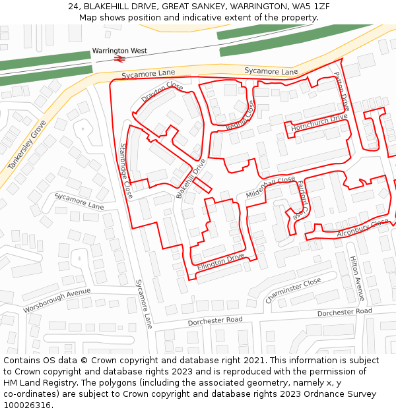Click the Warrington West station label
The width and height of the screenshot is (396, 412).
pos(119,50)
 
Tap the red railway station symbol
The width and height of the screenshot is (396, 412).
pos(119,59)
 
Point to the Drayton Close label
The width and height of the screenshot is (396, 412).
pos(162,92)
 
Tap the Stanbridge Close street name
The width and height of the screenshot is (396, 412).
pos(125,171)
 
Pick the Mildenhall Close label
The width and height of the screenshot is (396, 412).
pos(271,187)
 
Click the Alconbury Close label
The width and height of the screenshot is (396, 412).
pos(363,227)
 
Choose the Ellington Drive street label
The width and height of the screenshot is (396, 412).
pos(220,262)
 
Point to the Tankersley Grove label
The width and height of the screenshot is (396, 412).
pos(27,145)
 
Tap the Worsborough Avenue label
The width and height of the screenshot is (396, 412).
pos(57,300)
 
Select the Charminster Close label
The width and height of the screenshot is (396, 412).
pos(293,290)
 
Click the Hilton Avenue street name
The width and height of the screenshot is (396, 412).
pos(356,278)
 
